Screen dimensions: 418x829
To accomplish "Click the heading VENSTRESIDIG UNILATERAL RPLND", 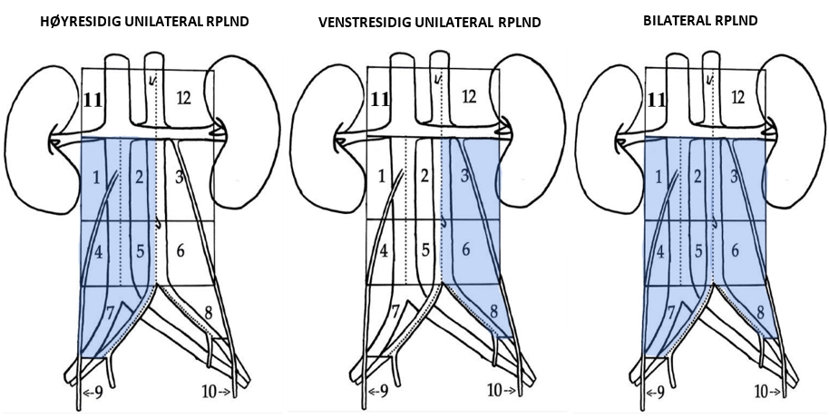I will pos(429,21).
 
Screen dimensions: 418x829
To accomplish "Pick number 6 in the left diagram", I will pos(180,248).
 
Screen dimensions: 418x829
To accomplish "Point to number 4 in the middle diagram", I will pos(384,248).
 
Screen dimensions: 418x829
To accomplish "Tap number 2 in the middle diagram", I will pos(424,177).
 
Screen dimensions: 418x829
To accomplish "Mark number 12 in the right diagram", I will pos(737,96).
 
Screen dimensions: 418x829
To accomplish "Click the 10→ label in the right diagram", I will pos(769,393).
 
